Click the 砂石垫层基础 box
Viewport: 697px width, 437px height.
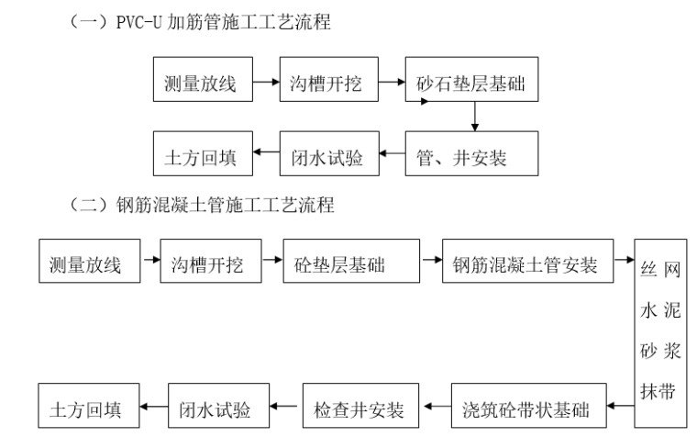(x=472, y=84)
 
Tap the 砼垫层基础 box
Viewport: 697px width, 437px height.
(x=351, y=266)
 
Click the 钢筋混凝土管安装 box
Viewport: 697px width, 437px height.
(x=526, y=266)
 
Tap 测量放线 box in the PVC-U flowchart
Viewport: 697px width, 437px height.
(x=201, y=84)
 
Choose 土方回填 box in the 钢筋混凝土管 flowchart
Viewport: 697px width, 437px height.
(x=85, y=406)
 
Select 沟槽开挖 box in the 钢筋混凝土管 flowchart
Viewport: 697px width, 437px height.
(x=206, y=266)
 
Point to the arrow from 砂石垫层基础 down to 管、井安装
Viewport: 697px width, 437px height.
(x=474, y=118)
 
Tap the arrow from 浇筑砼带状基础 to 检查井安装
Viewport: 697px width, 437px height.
(x=436, y=406)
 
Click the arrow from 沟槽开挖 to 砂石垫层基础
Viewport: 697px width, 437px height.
(x=392, y=83)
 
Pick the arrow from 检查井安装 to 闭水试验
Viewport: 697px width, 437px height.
(x=290, y=406)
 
